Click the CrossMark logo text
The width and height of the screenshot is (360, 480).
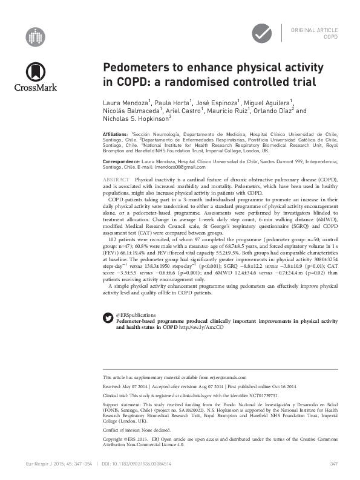coord(36,86)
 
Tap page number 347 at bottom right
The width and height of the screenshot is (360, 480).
coord(333,464)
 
